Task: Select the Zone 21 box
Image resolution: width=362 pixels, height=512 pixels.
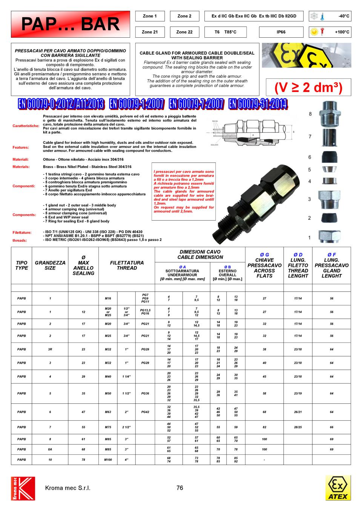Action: point(149,32)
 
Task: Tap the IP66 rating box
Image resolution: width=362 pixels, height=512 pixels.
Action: point(281,32)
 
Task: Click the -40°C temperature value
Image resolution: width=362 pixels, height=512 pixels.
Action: point(344,16)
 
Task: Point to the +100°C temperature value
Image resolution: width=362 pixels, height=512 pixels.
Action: point(342,32)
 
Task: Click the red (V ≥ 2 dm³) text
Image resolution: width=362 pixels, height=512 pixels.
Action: point(308,87)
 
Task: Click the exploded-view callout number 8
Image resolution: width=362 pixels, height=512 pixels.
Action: point(310,114)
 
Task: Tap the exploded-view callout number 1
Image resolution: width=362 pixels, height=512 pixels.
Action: point(310,238)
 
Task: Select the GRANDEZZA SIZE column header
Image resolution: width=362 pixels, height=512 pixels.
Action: point(50,265)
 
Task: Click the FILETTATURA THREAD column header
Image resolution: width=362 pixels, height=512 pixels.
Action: point(127,265)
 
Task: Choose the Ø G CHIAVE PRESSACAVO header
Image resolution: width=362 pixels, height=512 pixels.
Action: point(264,265)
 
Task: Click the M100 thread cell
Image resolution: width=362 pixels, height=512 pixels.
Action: point(108,460)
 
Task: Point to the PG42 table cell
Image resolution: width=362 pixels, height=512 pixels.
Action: point(145,412)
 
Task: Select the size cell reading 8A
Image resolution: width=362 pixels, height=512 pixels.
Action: point(50,449)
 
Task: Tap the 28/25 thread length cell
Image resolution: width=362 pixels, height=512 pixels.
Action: point(298,427)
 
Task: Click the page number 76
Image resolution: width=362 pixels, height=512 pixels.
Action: point(179,488)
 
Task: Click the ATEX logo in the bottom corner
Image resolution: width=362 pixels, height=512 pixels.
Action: point(338,488)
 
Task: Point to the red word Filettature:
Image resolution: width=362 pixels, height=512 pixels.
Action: point(22,233)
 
